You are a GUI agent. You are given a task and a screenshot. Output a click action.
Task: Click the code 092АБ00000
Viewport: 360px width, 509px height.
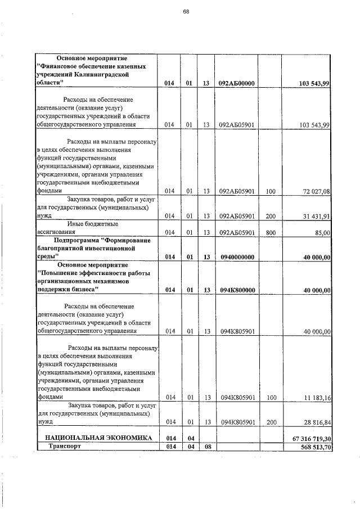[237, 83]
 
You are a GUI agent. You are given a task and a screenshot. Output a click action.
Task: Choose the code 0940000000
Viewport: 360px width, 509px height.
[237, 257]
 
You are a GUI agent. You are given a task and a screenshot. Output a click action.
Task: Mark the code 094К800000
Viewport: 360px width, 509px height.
[237, 290]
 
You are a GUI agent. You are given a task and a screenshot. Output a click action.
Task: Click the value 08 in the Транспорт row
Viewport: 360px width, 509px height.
[206, 447]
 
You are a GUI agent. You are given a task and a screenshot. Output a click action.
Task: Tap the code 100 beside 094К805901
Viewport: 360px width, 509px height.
[271, 398]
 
